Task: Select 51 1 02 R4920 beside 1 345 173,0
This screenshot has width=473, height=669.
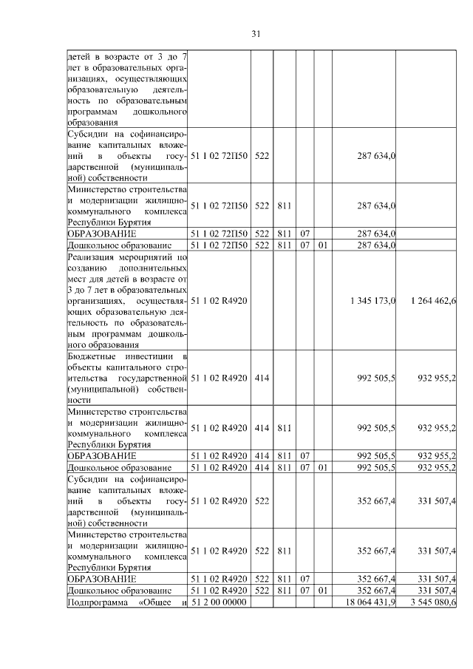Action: pyautogui.click(x=219, y=301)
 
